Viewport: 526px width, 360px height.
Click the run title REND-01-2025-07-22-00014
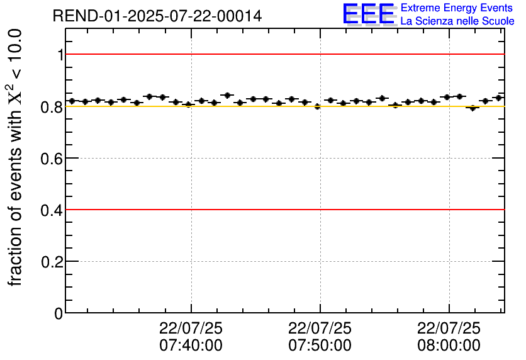pos(157,16)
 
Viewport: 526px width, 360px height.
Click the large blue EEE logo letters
pos(369,14)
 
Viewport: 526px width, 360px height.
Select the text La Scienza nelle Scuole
pos(457,21)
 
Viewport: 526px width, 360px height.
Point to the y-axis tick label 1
pos(60,55)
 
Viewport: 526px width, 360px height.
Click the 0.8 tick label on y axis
pos(52,106)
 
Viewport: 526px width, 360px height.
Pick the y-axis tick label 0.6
pos(52,158)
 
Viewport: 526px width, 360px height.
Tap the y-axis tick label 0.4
pos(52,210)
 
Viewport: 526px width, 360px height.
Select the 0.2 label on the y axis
pos(52,261)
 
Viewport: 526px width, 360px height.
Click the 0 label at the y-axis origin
pos(59,313)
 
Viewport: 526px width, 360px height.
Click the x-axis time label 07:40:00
pos(191,346)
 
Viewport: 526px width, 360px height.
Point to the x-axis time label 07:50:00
pos(320,346)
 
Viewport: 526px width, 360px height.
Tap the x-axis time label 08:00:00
pos(449,346)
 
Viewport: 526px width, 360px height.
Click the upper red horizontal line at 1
pos(283,54)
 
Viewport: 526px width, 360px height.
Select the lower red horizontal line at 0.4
pos(283,209)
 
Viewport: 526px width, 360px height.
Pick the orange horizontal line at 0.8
pos(283,106)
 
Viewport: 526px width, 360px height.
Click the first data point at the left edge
pos(72,101)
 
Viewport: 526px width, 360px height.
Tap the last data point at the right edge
pos(498,98)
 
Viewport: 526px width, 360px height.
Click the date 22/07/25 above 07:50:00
pos(320,329)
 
